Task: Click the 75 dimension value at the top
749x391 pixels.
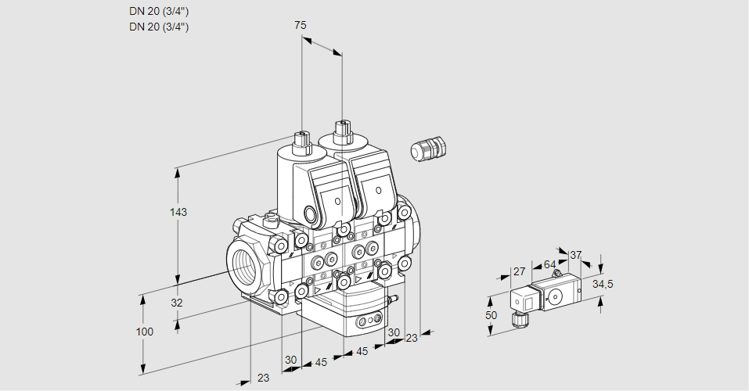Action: (301, 26)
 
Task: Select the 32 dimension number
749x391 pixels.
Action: (176, 303)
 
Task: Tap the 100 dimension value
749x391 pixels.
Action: (145, 332)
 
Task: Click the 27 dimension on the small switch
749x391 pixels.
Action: (519, 272)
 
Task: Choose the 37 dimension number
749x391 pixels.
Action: (576, 255)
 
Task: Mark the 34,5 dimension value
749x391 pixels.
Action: (603, 284)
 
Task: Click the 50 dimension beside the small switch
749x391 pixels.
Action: (491, 315)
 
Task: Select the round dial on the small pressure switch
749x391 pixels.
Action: (556, 296)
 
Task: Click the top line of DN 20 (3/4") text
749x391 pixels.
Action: (159, 11)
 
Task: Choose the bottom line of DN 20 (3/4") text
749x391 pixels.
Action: (159, 27)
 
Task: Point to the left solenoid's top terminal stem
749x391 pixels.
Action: (301, 142)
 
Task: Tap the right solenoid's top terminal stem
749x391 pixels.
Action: (341, 131)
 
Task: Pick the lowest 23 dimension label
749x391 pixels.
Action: (263, 378)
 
